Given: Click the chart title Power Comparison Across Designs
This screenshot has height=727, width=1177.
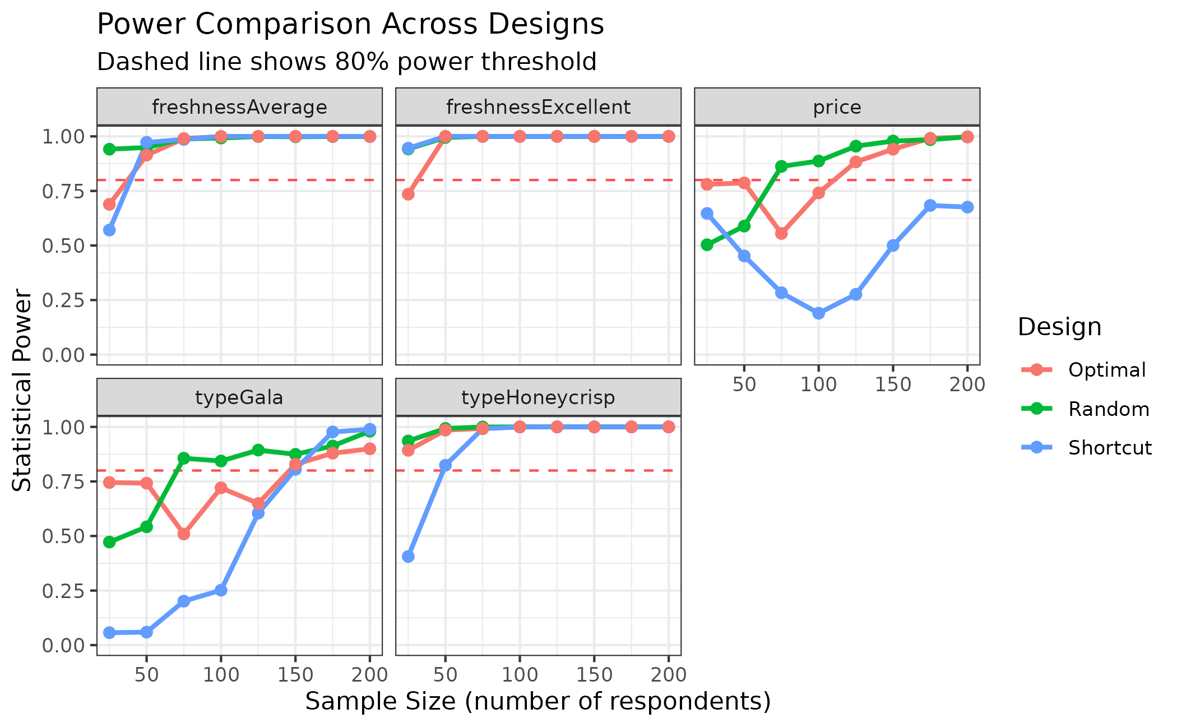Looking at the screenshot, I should [x=350, y=25].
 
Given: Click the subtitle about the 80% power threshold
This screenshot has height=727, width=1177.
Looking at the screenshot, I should [x=346, y=62].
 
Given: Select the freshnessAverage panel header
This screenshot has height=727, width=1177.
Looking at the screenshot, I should [x=239, y=106].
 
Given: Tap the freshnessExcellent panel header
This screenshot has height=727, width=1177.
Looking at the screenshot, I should [x=538, y=106].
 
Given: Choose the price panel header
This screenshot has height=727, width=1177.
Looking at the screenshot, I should [x=837, y=106].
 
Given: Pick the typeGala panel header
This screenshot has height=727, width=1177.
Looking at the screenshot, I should [x=239, y=397].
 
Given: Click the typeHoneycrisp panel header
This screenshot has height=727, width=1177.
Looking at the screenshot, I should [x=538, y=397].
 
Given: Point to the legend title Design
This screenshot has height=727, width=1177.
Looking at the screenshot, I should [x=1059, y=327].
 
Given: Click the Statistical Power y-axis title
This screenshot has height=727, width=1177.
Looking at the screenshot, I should [x=22, y=390].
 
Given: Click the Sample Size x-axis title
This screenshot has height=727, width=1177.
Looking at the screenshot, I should [x=538, y=702].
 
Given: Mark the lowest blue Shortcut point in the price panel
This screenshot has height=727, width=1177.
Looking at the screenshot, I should [x=818, y=313].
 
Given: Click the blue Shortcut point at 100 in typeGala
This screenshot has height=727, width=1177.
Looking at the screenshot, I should [x=221, y=590].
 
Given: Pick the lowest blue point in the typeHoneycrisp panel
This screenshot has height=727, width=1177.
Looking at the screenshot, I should [x=408, y=557].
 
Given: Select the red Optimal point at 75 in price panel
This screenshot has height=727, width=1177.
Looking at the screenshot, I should [x=781, y=233].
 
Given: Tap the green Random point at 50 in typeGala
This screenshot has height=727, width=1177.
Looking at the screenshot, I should [x=146, y=527].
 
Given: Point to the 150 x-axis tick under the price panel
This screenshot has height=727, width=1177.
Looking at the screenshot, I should [x=893, y=385].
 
